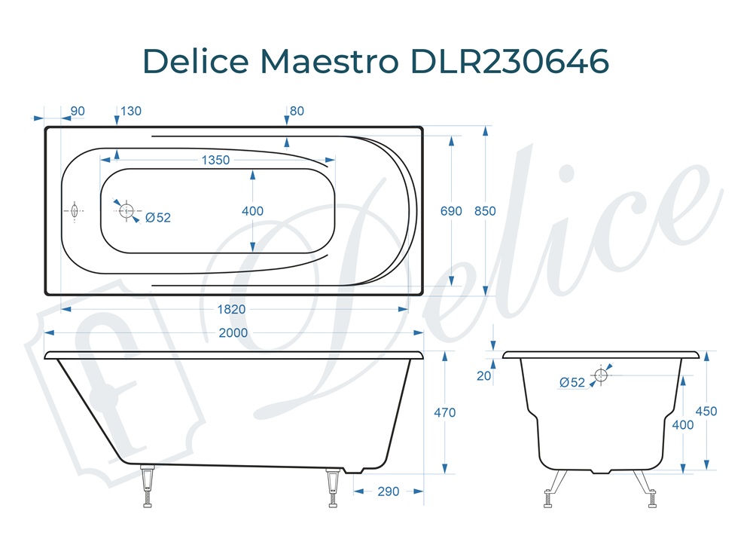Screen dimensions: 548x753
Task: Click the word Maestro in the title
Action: pos(328,61)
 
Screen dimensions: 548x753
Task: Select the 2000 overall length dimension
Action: pos(234,332)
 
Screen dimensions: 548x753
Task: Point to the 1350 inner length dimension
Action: pos(215,160)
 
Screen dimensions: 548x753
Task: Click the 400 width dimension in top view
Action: pos(252,211)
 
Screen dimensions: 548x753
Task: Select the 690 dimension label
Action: pos(451,211)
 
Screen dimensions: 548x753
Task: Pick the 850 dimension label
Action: pos(486,211)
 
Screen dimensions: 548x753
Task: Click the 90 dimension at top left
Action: pos(77,112)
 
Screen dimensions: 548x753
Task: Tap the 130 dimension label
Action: pos(130,112)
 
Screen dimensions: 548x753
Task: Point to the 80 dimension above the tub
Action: pos(297,112)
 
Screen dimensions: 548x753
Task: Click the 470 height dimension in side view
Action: pos(445,413)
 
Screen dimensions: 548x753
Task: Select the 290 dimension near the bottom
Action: pos(388,491)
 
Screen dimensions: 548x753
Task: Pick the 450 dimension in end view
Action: pos(706,412)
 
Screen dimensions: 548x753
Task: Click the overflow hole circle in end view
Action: pos(601,375)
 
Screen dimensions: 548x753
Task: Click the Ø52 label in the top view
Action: pos(158,218)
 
